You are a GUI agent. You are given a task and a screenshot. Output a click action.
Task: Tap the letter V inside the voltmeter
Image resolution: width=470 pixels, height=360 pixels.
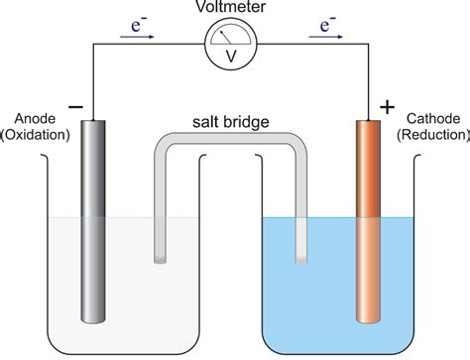point(231,57)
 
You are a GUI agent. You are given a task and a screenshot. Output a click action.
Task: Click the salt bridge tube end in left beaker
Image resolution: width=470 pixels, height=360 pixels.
point(161,259)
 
